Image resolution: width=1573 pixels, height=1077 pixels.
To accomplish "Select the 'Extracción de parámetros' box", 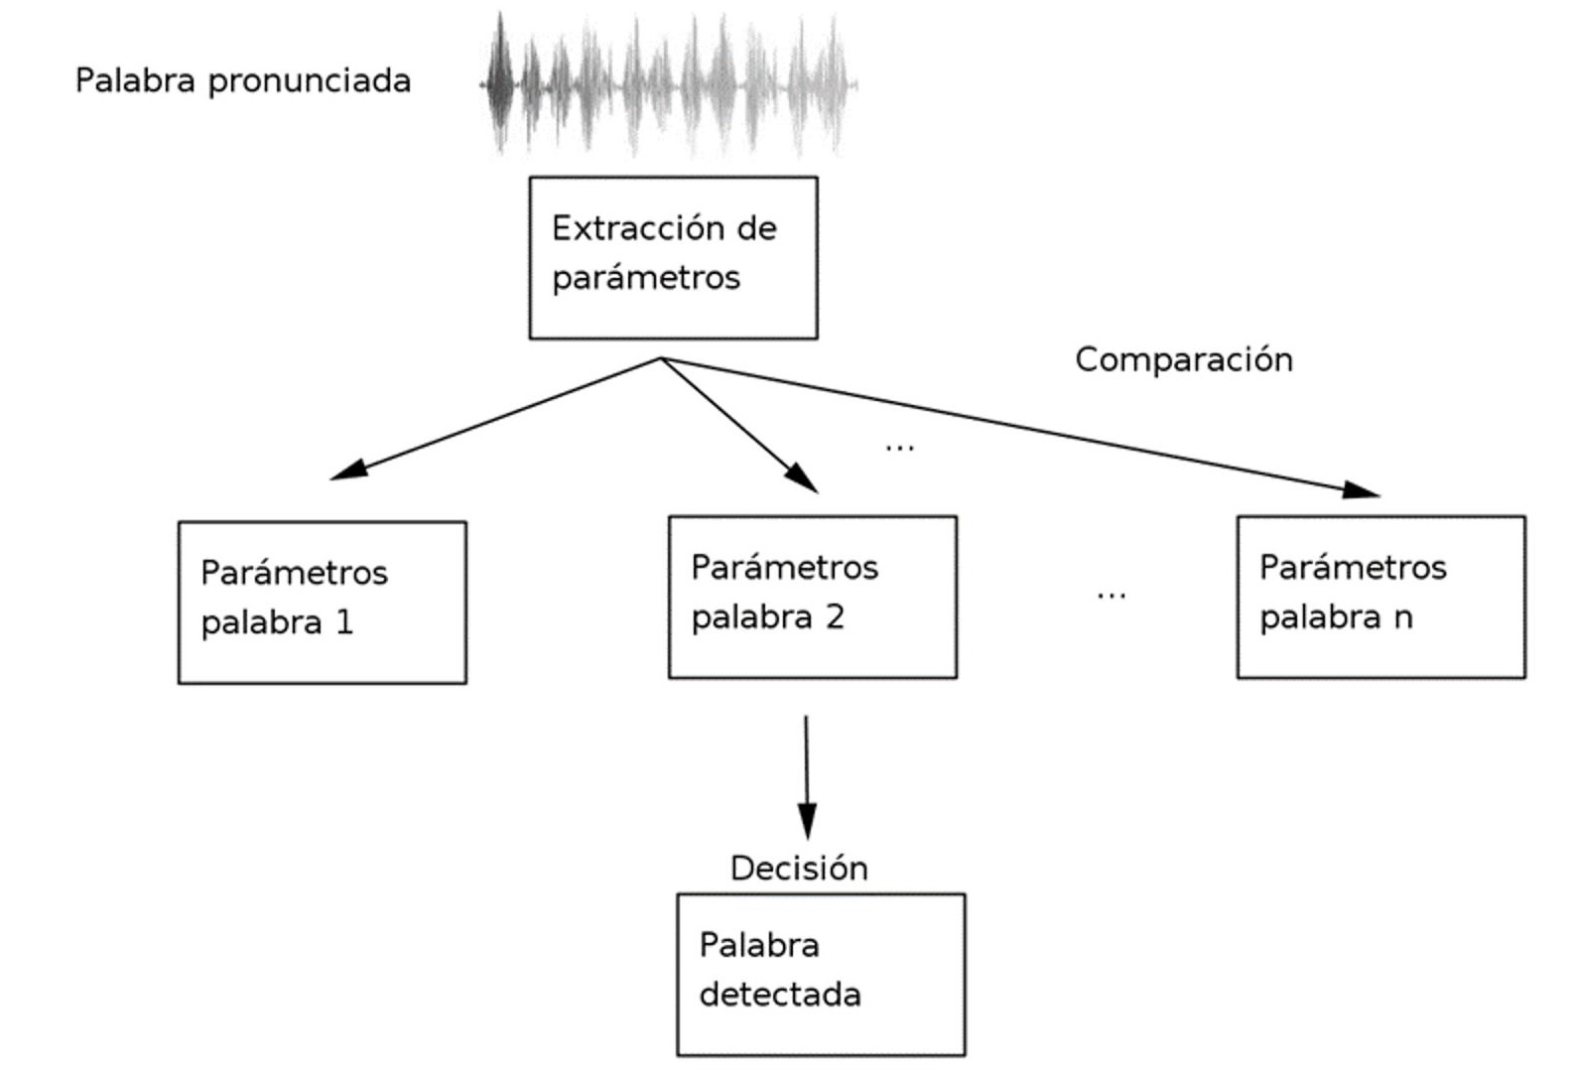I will [673, 258].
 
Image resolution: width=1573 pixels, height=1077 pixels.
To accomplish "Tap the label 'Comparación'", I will [1183, 359].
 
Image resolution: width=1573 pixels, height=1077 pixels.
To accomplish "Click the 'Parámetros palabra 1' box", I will [322, 603].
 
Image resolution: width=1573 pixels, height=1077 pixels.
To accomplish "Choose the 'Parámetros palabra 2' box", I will [812, 597].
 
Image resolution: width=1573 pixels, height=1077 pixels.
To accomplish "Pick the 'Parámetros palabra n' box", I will [1380, 597].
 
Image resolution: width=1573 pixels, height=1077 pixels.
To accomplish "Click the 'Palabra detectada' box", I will [821, 974].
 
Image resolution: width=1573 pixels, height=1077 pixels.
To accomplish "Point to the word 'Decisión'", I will [799, 869].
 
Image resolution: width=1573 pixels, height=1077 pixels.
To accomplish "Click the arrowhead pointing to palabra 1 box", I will [348, 470].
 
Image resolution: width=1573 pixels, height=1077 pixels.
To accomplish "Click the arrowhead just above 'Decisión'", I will [807, 822].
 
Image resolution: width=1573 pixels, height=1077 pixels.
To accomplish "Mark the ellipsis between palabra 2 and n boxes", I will [1111, 596].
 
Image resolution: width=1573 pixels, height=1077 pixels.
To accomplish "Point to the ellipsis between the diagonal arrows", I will [899, 449].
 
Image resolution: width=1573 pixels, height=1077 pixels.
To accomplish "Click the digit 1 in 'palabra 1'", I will [344, 622].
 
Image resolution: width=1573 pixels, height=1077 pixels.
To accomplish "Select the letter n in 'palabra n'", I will [1402, 618].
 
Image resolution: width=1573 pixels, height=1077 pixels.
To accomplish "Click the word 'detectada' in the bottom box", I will [780, 995].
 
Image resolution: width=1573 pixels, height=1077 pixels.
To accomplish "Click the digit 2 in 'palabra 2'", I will [835, 617].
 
